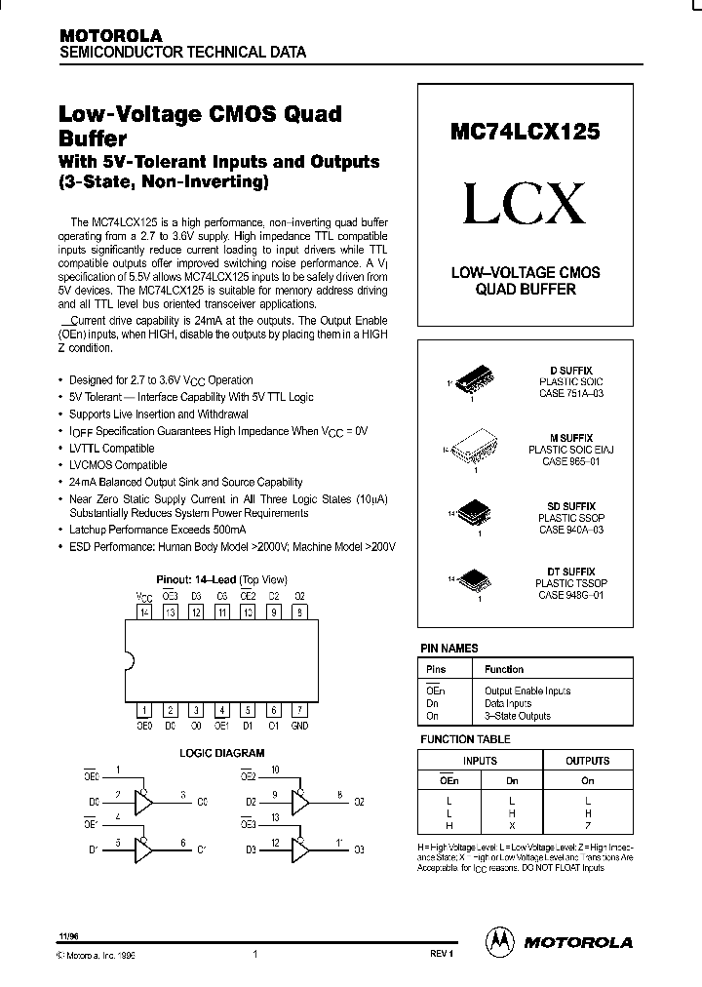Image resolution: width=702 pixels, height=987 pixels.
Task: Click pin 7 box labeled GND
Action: coord(300,710)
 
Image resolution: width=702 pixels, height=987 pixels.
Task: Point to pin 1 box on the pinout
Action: coord(144,710)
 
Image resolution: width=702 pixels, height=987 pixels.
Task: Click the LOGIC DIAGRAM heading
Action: coord(221,753)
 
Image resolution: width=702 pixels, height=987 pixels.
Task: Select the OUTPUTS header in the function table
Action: coord(587,761)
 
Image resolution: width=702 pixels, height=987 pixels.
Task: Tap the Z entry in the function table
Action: coord(587,825)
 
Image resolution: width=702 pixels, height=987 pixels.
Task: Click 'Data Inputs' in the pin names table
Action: coord(508,702)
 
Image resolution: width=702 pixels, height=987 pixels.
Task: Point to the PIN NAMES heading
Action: coord(448,648)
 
